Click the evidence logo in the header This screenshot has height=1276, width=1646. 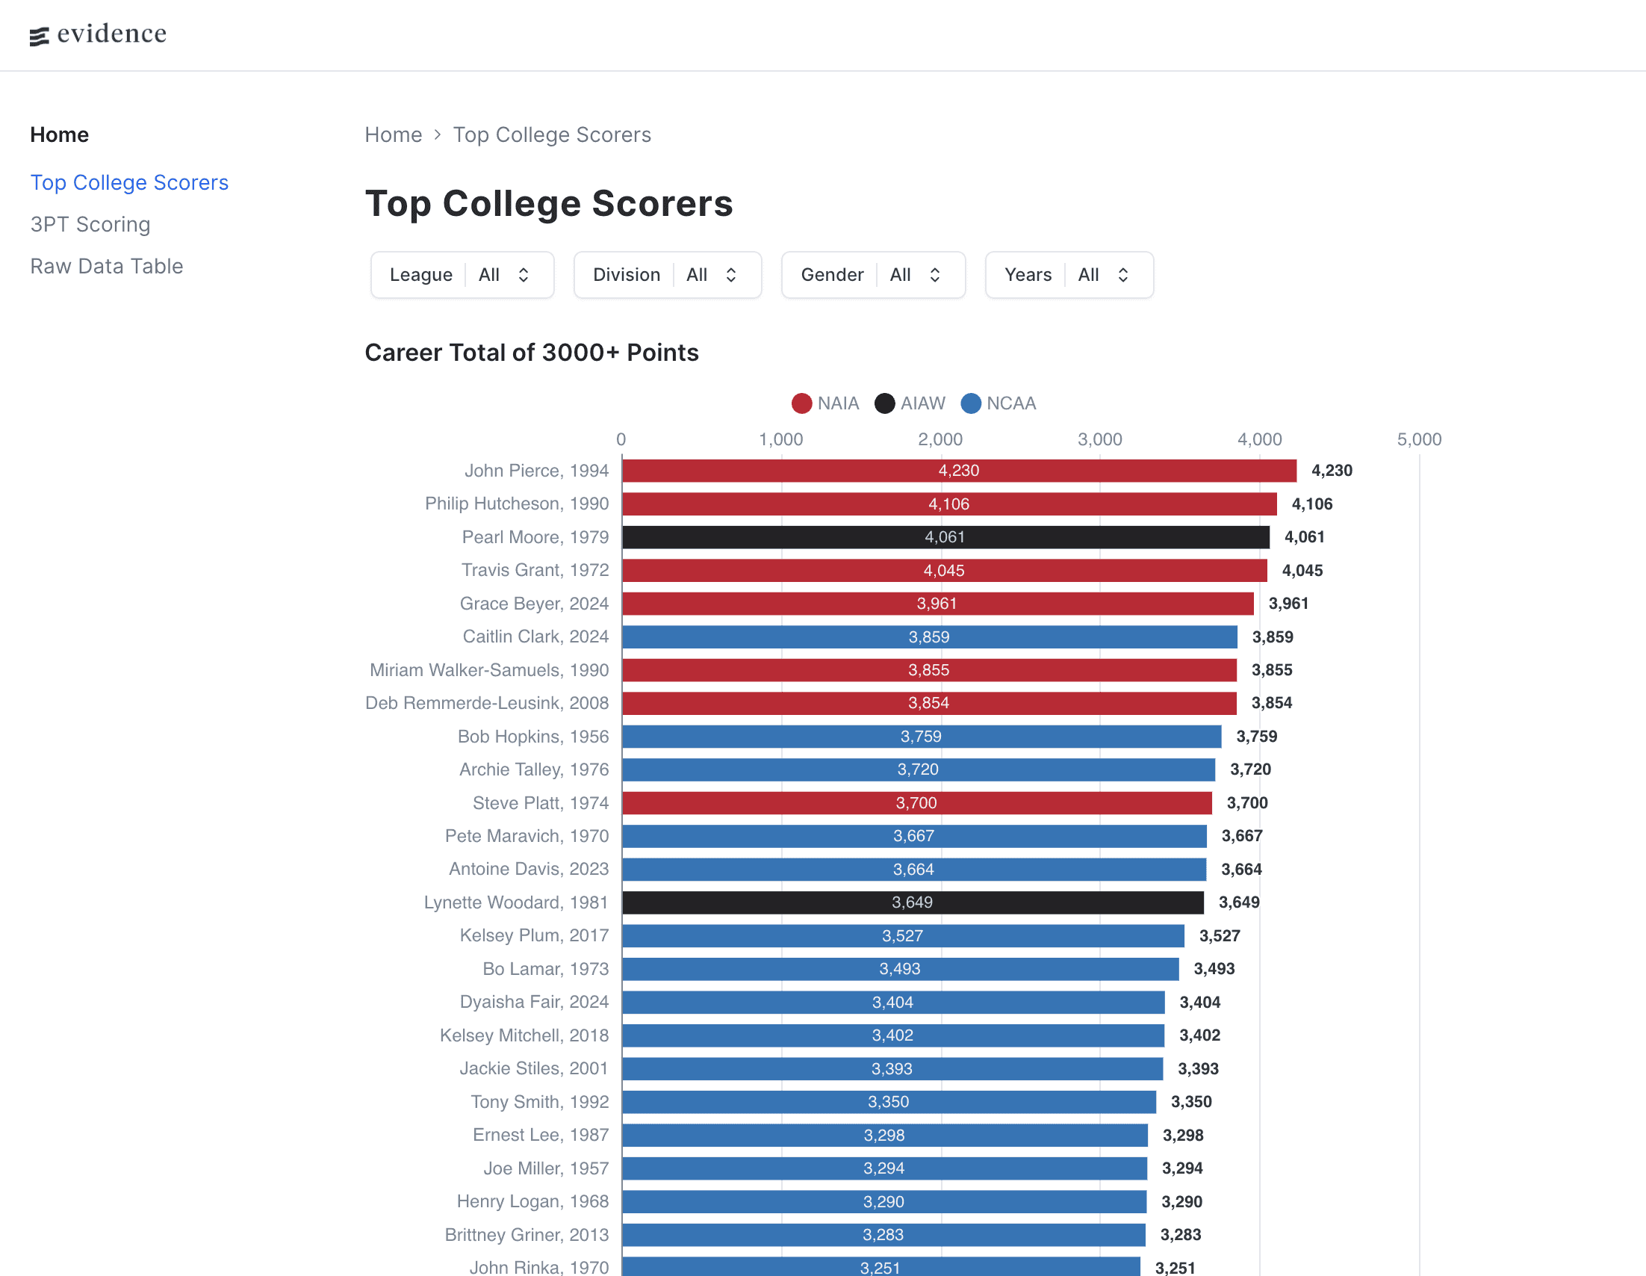[x=98, y=34]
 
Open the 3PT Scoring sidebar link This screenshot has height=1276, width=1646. [x=90, y=225]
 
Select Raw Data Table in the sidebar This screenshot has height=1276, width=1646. [x=106, y=266]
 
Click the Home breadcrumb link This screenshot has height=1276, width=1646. [x=393, y=135]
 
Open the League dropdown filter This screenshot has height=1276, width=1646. [x=462, y=275]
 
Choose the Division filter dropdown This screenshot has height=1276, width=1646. [x=667, y=275]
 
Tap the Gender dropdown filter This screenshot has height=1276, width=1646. [x=873, y=275]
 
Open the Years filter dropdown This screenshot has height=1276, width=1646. [x=1069, y=275]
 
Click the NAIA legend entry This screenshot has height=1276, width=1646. [x=825, y=403]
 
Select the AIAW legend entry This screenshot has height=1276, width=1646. [x=910, y=403]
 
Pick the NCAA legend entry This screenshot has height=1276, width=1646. [x=999, y=403]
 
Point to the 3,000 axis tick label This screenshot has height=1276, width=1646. [x=1099, y=439]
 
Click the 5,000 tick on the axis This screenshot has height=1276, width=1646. [x=1419, y=439]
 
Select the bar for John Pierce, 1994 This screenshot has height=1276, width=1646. [x=959, y=471]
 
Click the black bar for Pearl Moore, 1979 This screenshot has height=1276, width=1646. [x=945, y=537]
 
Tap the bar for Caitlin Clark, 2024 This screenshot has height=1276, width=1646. [x=929, y=637]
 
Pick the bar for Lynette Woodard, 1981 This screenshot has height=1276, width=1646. [x=912, y=902]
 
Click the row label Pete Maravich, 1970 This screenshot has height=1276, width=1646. [x=527, y=836]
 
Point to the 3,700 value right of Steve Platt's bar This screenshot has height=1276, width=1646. [x=1247, y=802]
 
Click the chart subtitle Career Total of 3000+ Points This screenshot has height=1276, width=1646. [x=531, y=353]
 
